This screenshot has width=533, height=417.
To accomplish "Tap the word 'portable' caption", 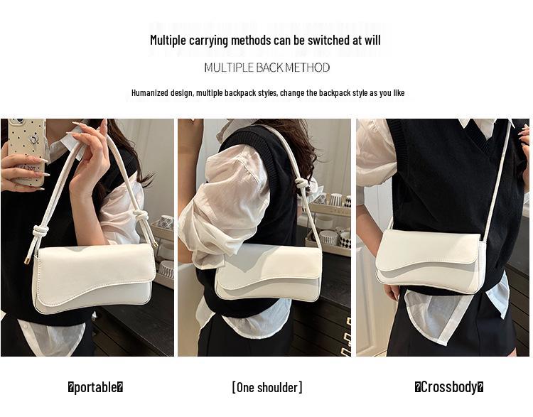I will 95,387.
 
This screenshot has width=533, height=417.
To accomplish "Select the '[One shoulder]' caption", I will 266,387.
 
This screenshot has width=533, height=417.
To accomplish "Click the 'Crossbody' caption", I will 449,387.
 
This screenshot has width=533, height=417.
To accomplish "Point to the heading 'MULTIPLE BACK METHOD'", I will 266,67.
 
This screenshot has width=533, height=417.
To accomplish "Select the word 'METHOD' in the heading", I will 307,67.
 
